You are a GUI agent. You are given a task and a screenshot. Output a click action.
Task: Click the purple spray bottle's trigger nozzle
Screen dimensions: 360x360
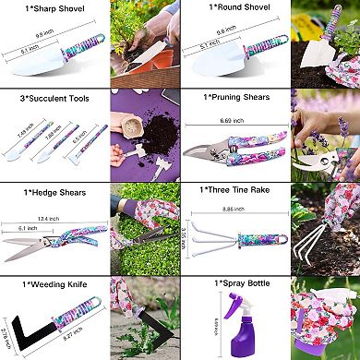click(x=227, y=304)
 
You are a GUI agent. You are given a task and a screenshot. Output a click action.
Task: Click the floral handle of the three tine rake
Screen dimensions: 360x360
click(x=251, y=238)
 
